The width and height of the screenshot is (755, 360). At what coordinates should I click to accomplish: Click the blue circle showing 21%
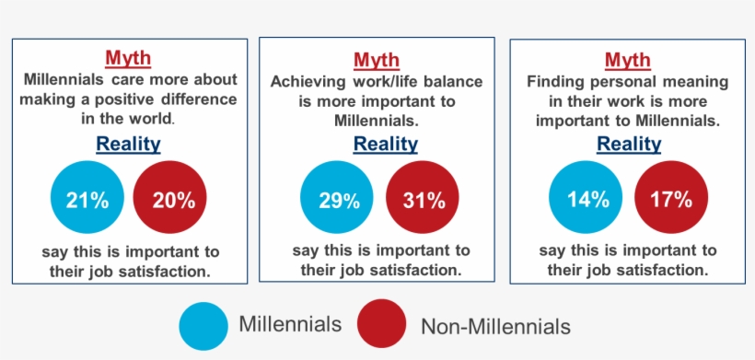click(x=87, y=199)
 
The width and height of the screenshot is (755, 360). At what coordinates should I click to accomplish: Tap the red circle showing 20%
click(x=170, y=199)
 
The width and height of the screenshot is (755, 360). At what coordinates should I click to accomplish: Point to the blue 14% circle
click(x=586, y=199)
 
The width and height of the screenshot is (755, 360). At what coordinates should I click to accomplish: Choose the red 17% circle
click(x=671, y=199)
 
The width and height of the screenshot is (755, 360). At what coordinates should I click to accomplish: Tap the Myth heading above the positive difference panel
click(x=128, y=59)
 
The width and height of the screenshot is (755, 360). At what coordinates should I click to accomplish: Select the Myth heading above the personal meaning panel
click(x=628, y=61)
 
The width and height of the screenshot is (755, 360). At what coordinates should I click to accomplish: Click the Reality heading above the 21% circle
click(x=128, y=144)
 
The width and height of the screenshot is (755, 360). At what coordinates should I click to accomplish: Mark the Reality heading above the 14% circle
click(x=629, y=145)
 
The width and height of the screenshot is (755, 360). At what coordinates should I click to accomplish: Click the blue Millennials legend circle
click(x=203, y=325)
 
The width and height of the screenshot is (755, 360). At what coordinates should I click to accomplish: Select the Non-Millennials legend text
click(x=495, y=326)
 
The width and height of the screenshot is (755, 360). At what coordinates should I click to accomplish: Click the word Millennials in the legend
click(x=290, y=324)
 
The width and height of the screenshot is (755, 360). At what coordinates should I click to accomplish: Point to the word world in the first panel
click(x=149, y=119)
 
